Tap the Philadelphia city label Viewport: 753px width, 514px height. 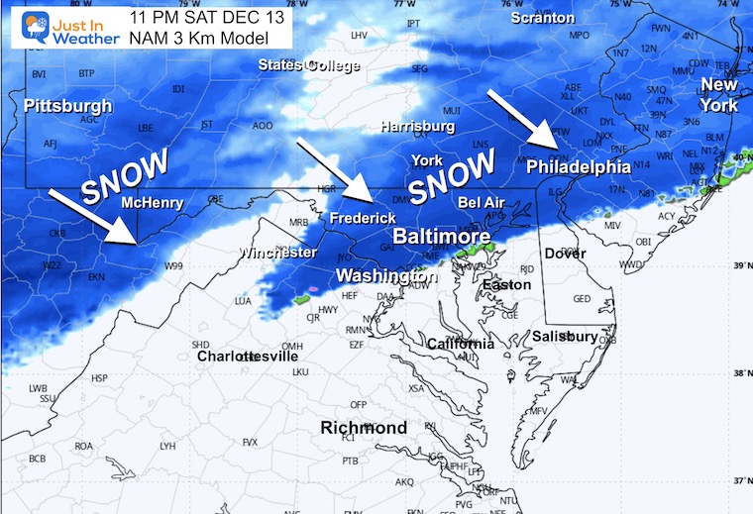578,166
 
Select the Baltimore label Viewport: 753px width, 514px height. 441,238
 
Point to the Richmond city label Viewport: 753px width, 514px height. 363,428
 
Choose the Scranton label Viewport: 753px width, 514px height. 542,18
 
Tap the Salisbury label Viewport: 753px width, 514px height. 565,337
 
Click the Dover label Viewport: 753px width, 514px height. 565,254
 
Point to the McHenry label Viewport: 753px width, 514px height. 152,203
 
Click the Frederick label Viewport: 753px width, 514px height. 363,218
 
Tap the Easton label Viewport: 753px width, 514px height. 506,285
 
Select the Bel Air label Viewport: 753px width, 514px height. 482,202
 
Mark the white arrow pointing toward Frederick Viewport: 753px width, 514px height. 333,169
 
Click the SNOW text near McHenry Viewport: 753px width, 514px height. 126,176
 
